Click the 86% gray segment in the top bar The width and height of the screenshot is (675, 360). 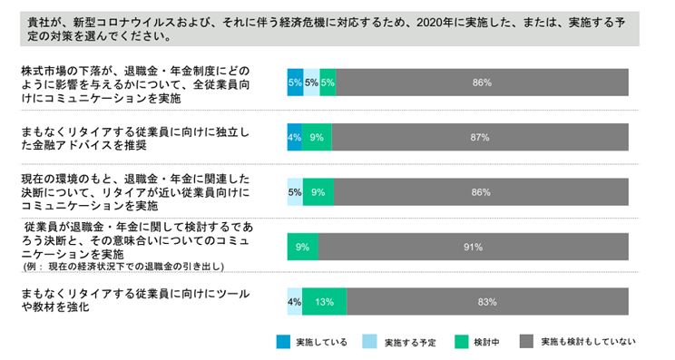[482, 83]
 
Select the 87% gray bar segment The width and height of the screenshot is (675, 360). [480, 137]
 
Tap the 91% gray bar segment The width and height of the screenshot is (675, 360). [473, 246]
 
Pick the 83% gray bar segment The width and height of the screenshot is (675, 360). [486, 300]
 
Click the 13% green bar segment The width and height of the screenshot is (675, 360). [324, 300]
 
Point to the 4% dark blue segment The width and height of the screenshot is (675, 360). [294, 137]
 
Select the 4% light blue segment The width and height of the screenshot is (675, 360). [294, 300]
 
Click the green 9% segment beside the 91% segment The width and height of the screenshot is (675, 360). [302, 246]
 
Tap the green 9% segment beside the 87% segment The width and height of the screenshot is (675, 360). [317, 137]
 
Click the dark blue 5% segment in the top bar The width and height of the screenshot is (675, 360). [295, 83]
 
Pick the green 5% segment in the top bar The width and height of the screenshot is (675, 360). [328, 83]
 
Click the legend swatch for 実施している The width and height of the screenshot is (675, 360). [283, 342]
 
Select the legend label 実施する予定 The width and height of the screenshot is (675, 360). [410, 343]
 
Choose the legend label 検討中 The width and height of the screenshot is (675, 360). [488, 343]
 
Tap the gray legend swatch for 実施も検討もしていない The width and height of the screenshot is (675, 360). [526, 342]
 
